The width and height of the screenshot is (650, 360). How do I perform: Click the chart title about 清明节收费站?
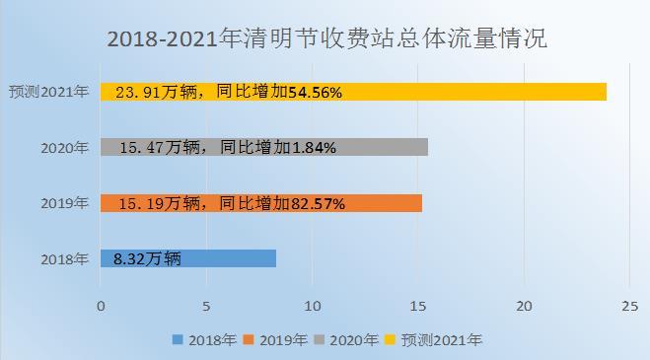[x=327, y=38]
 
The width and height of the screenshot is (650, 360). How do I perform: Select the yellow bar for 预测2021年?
[x=353, y=92]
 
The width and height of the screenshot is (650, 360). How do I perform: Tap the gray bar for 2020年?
[x=264, y=147]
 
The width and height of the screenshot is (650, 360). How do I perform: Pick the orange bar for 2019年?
[x=261, y=203]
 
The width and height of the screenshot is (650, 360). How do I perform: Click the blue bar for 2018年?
[x=188, y=258]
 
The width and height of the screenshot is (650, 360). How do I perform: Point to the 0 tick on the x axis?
[x=101, y=307]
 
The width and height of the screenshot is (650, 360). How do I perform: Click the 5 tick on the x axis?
[x=206, y=307]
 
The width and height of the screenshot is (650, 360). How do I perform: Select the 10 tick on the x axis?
[x=313, y=307]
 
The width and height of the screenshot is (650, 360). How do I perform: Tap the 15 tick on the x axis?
[x=418, y=307]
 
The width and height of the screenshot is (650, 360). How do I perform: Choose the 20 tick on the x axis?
[x=524, y=307]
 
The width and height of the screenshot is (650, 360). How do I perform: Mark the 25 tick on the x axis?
[x=629, y=307]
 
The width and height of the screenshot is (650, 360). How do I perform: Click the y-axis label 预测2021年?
[x=49, y=92]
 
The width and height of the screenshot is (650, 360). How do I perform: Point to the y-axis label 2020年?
[x=65, y=148]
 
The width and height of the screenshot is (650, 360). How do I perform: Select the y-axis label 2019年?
[x=65, y=203]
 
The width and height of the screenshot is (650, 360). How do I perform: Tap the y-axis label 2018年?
[x=65, y=259]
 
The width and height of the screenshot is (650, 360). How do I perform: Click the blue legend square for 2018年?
[x=178, y=339]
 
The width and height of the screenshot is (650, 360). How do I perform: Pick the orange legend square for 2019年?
[x=249, y=339]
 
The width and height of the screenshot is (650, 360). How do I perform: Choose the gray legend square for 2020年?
[x=320, y=339]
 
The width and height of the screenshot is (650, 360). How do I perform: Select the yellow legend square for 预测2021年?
[x=390, y=339]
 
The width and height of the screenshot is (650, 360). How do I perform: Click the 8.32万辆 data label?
[x=147, y=259]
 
